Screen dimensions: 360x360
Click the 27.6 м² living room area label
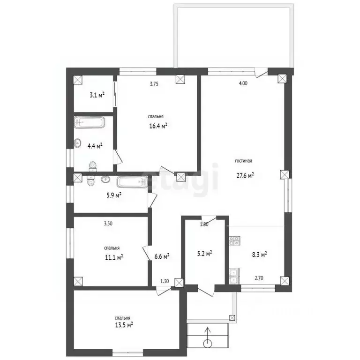[245, 176]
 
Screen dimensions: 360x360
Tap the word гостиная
[243, 161]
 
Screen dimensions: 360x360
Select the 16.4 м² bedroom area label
[158, 126]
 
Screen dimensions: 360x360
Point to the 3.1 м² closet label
[97, 95]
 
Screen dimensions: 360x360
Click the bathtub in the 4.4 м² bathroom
[90, 123]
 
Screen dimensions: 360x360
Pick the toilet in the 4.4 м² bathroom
[93, 166]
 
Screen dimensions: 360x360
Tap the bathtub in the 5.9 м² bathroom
[132, 182]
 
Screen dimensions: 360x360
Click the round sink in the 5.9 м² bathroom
[105, 179]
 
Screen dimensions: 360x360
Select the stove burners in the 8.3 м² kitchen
[234, 241]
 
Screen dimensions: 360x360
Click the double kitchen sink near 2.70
[234, 277]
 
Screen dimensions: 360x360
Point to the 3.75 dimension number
[154, 84]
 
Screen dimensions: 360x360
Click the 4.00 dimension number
[243, 83]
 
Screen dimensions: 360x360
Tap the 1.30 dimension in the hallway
[165, 281]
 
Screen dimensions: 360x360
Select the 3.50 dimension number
[108, 224]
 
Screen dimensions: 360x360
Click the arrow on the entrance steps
[208, 337]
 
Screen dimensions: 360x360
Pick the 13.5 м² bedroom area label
[124, 325]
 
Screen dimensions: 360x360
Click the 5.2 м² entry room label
[204, 254]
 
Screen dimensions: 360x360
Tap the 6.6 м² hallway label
[162, 256]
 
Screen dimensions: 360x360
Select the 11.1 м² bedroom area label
[114, 257]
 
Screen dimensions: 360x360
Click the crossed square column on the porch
[232, 318]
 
